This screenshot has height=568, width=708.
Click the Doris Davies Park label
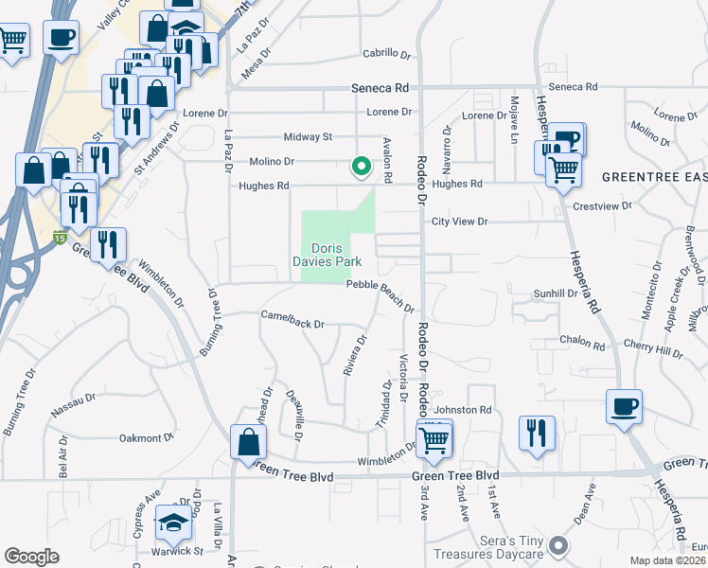click(337, 255)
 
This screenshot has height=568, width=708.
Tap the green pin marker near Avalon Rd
click(361, 166)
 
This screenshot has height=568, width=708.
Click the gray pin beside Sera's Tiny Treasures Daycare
click(558, 545)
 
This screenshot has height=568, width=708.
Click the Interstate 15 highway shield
click(60, 236)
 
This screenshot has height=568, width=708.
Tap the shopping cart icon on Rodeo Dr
click(434, 439)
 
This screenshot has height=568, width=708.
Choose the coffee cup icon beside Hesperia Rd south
click(625, 407)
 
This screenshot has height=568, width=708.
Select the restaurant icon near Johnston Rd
click(537, 433)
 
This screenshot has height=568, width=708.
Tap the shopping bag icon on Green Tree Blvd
click(248, 442)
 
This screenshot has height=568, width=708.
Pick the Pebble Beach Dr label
click(380, 296)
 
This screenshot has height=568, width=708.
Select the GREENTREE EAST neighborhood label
click(654, 177)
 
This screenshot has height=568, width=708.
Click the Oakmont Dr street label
click(147, 437)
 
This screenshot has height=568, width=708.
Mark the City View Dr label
click(459, 222)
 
